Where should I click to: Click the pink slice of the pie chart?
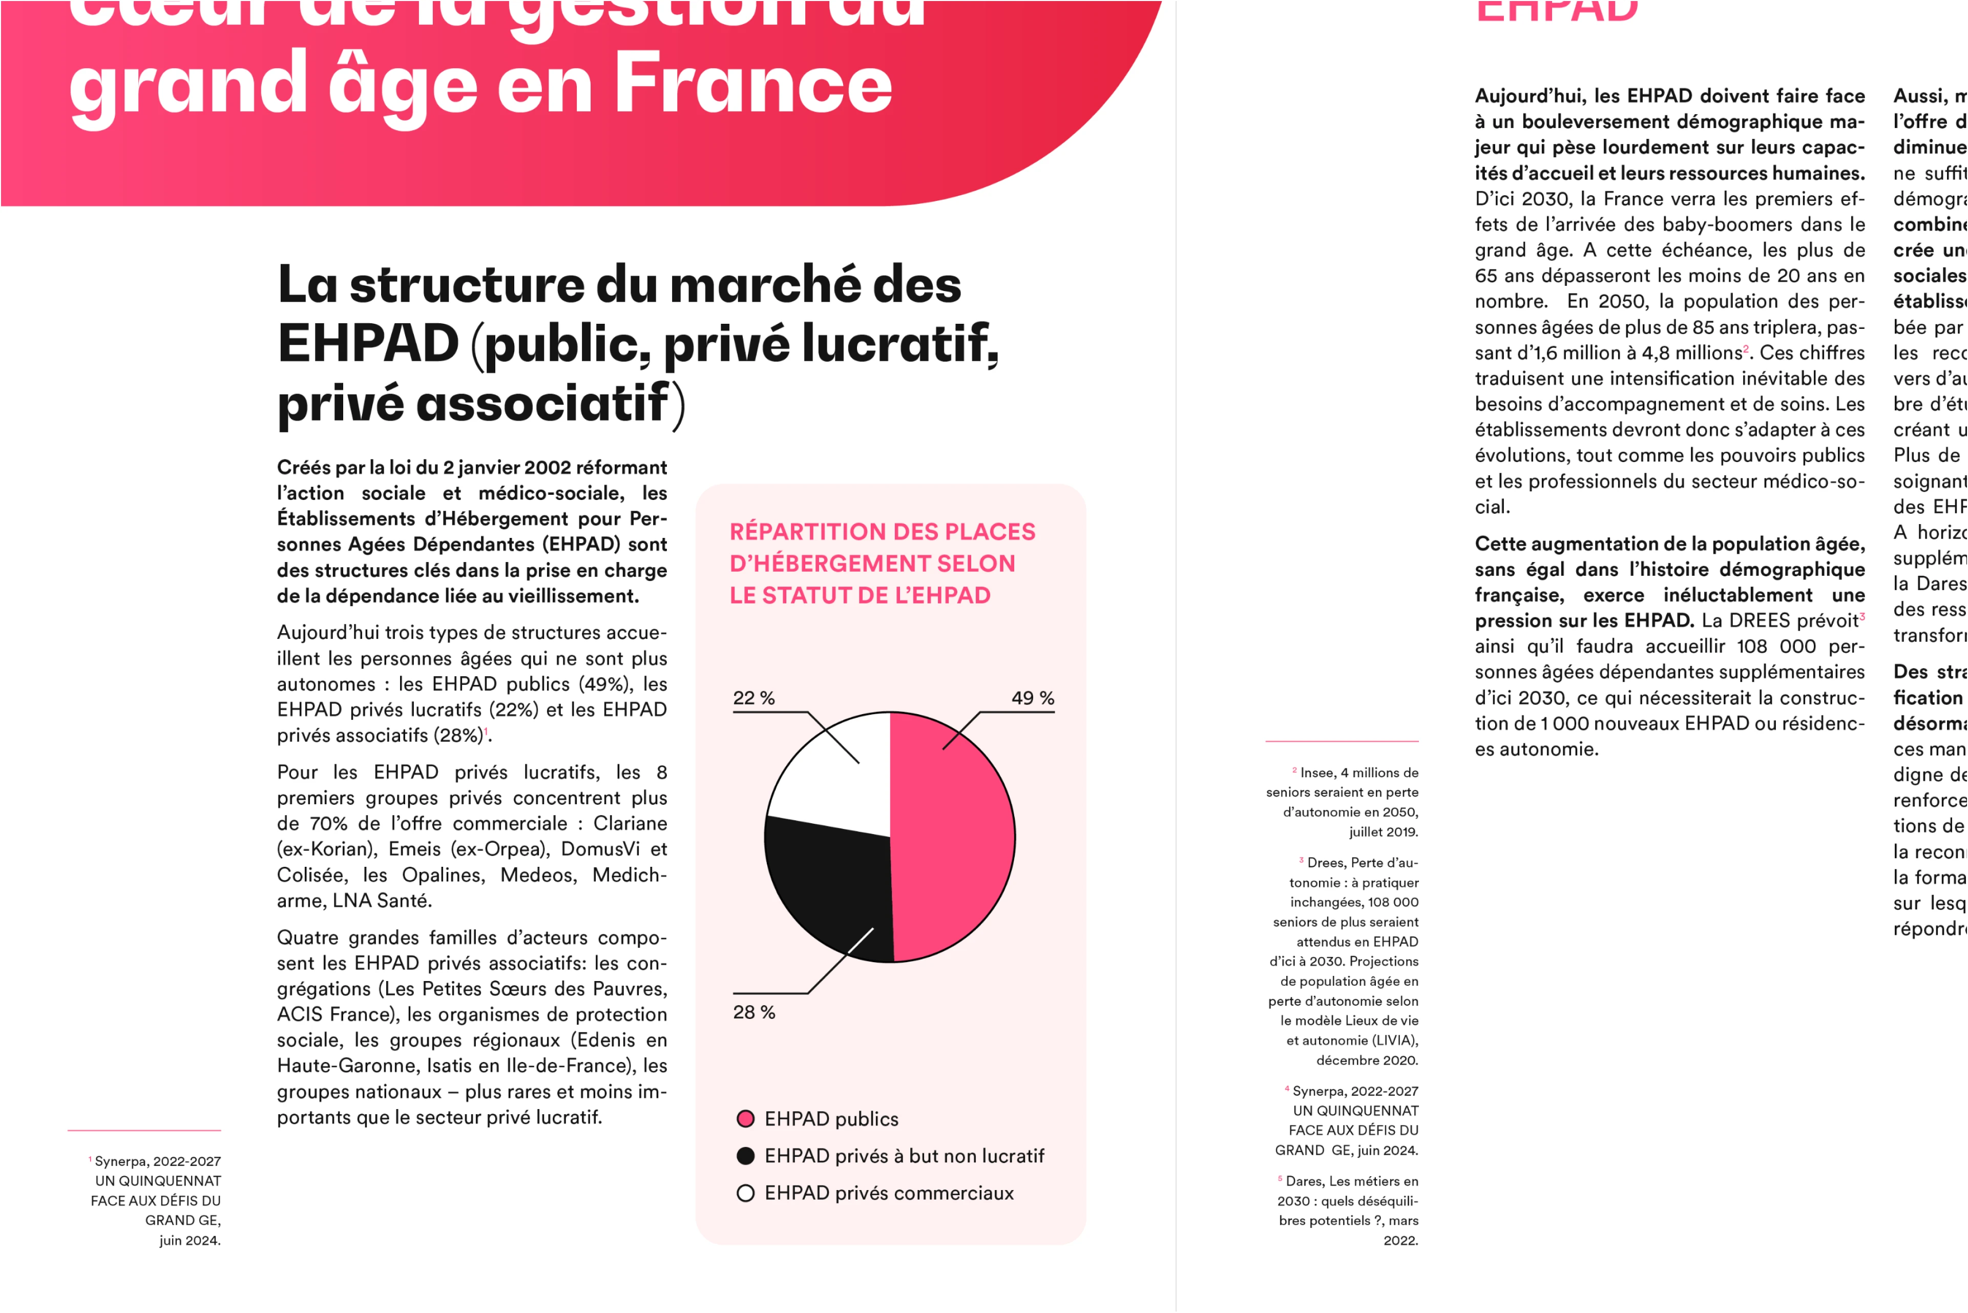click(x=954, y=838)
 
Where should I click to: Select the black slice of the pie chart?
click(x=829, y=888)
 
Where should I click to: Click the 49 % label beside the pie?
click(x=1032, y=698)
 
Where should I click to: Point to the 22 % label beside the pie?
click(x=753, y=698)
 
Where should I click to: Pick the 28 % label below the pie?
click(x=753, y=1012)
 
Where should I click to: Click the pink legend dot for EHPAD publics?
click(x=745, y=1119)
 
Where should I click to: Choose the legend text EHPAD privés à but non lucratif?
click(x=904, y=1156)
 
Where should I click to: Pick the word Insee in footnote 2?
click(x=1318, y=773)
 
